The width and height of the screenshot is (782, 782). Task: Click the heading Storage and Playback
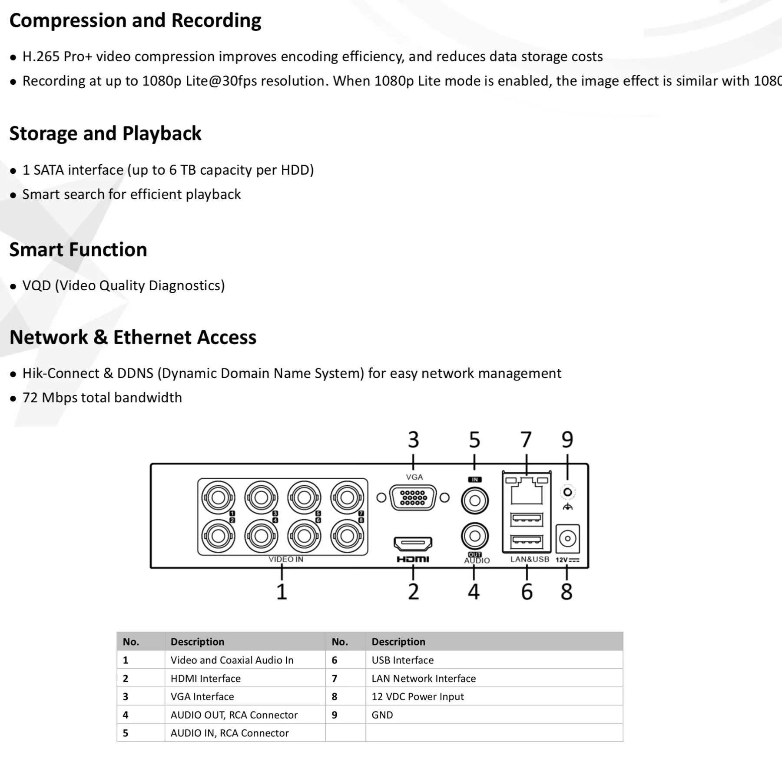click(105, 134)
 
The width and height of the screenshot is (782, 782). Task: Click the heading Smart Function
click(78, 250)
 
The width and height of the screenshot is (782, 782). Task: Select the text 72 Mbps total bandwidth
click(102, 398)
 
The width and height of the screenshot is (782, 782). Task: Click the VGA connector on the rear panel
click(413, 497)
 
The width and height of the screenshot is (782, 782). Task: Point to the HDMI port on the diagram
click(413, 543)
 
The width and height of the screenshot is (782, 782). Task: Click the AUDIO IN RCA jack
click(475, 500)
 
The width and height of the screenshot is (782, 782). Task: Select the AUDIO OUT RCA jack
click(475, 536)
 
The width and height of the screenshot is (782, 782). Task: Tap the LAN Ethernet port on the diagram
click(527, 491)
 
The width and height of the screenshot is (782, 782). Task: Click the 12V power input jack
click(567, 539)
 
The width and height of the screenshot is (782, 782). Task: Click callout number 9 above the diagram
click(567, 440)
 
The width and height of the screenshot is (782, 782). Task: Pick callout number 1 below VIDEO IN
click(282, 592)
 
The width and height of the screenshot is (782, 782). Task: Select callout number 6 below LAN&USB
click(527, 592)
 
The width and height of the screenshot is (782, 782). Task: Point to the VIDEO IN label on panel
click(286, 559)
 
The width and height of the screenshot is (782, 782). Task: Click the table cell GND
click(382, 715)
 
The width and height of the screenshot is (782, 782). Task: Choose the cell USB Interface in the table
click(402, 660)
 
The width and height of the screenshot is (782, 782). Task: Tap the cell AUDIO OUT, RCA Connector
click(234, 715)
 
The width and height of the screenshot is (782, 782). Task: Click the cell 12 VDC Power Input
click(418, 696)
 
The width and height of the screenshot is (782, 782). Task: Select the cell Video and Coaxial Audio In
click(232, 660)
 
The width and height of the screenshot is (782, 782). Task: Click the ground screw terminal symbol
click(567, 493)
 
